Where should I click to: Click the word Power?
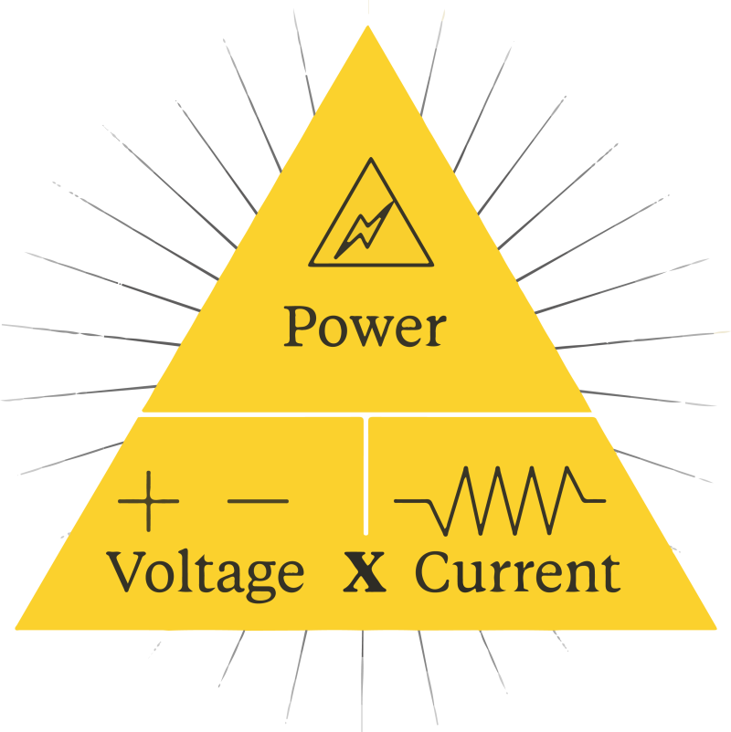coord(365,327)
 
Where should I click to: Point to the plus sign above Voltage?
coord(148,501)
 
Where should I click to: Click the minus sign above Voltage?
coord(257,501)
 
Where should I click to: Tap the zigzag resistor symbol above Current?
coord(500,500)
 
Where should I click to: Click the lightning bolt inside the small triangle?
coord(366,229)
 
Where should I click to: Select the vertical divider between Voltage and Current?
coord(365,475)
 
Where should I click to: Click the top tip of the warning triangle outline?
coord(370,162)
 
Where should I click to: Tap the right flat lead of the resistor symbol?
coord(594,501)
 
